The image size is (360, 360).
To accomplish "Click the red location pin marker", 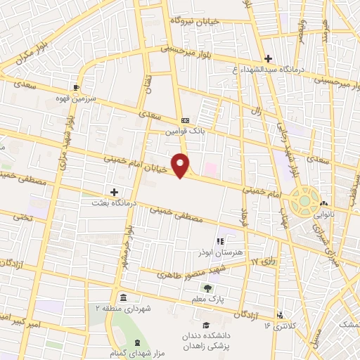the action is [x=181, y=165].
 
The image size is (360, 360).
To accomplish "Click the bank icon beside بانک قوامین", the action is [x=184, y=121].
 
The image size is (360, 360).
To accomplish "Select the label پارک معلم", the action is [x=207, y=298].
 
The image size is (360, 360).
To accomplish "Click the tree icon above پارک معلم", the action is [x=207, y=288].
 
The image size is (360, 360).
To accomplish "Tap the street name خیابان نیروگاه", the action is [x=195, y=22].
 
